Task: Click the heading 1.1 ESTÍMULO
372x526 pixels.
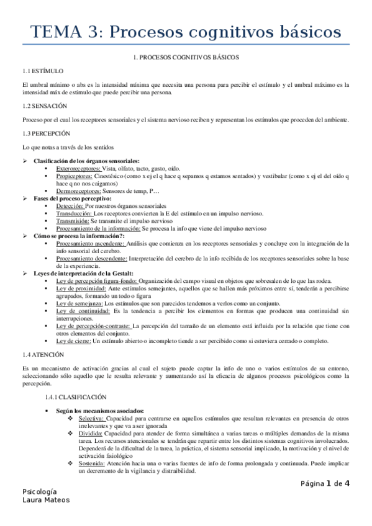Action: coord(42,71)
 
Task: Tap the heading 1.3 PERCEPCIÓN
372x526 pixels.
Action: coord(46,133)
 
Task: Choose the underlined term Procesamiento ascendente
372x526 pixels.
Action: coord(91,244)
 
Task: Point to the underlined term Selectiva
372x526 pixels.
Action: coord(91,419)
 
